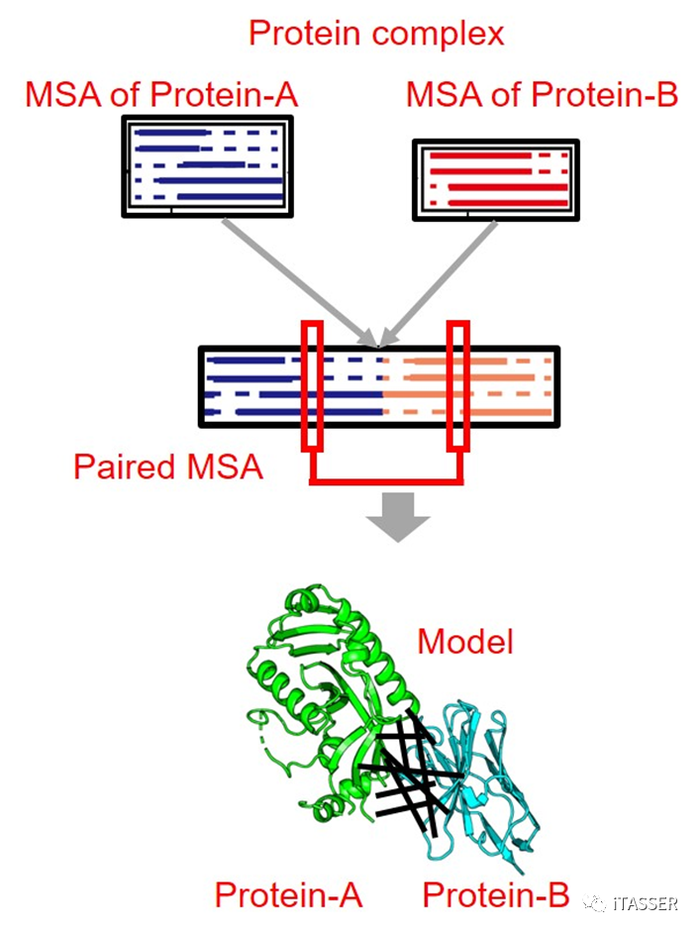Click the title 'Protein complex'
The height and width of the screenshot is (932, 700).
[x=375, y=34]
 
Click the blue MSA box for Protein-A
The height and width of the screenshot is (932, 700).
[x=207, y=165]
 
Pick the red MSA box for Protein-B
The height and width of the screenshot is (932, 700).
[x=495, y=178]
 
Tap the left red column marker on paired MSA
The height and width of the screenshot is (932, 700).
[x=312, y=384]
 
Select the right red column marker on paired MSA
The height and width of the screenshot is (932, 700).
[x=457, y=384]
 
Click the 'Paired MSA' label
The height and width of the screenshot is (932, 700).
[x=168, y=466]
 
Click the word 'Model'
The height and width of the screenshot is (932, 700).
[x=465, y=642]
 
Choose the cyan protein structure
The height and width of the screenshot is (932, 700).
[x=485, y=782]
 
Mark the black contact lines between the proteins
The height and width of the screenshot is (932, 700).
[x=406, y=773]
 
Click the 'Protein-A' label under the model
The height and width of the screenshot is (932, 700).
[x=288, y=895]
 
